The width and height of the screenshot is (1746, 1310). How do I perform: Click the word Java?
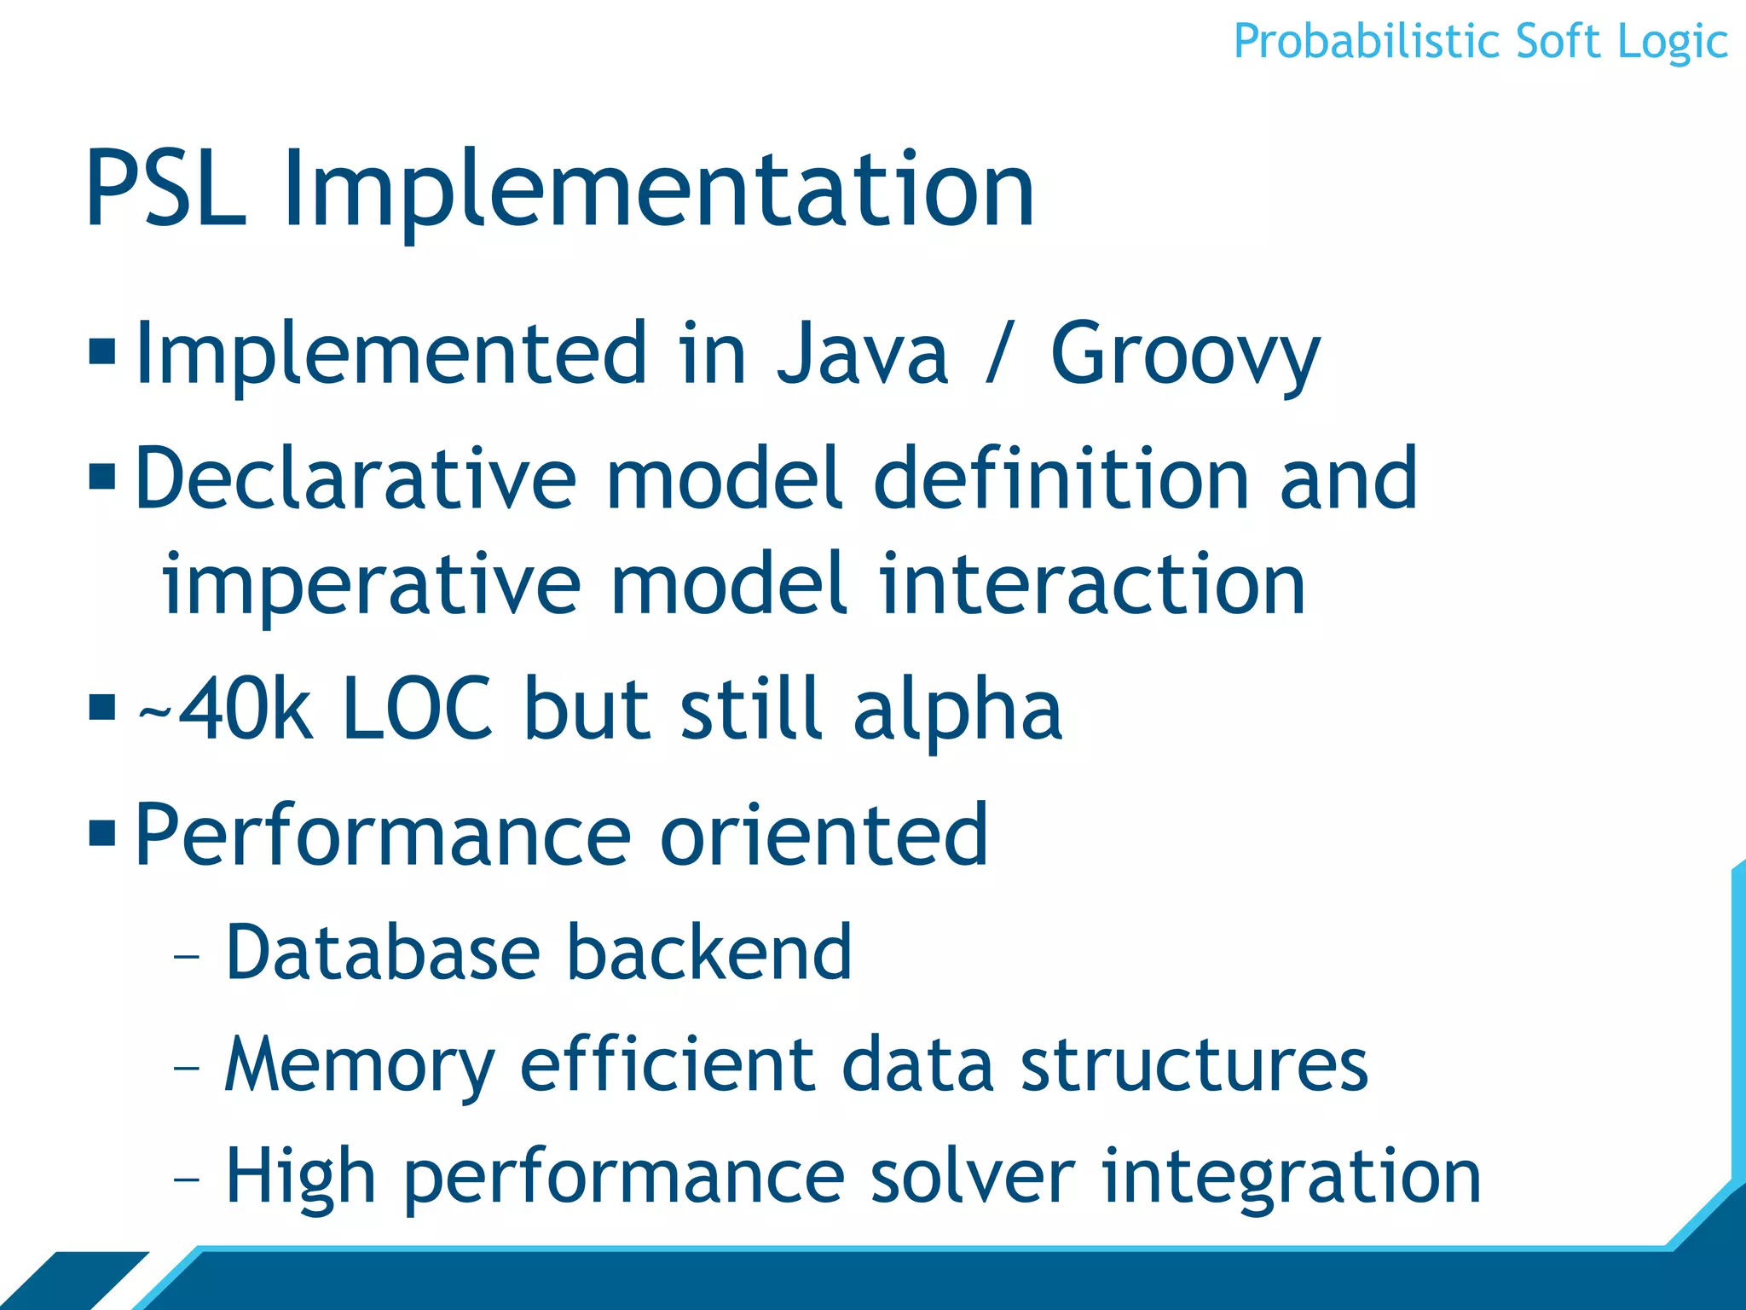862,354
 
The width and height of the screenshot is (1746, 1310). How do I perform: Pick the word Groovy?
1185,354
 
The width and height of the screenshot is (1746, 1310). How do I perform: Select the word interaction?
1092,584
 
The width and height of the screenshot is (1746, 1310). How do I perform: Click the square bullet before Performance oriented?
102,832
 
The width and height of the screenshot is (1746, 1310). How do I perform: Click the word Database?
383,953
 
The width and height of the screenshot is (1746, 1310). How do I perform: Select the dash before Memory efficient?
186,1067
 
